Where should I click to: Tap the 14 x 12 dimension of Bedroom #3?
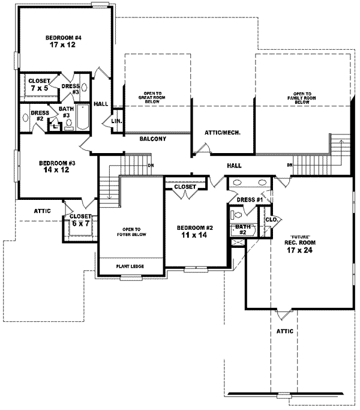tap(57, 171)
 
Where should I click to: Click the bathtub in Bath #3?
tap(83, 116)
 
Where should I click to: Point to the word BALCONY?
tap(152, 139)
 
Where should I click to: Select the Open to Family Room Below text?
tap(302, 98)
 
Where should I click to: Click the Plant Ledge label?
tap(130, 266)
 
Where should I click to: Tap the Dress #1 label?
tap(249, 200)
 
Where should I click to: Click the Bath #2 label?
tap(242, 229)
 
